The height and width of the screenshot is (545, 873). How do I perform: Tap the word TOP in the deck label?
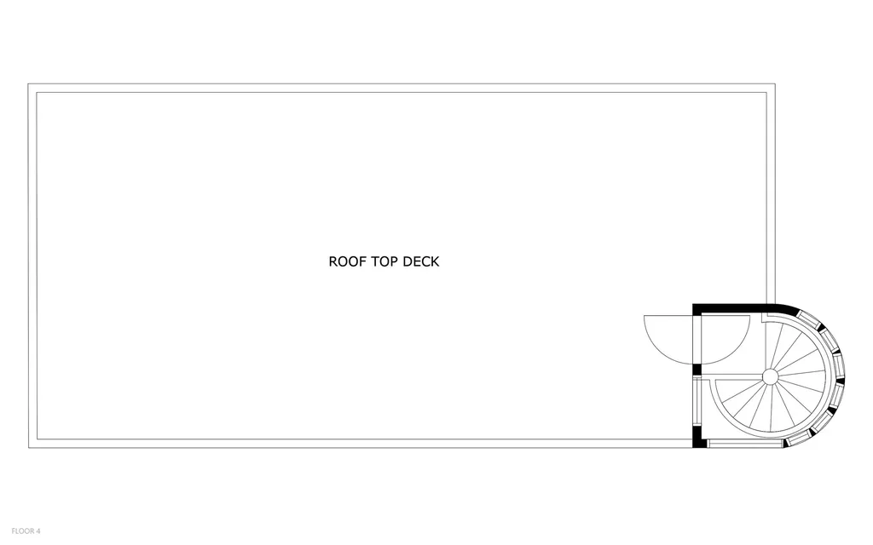tap(383, 261)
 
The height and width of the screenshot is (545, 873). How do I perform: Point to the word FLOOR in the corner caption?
tap(20, 531)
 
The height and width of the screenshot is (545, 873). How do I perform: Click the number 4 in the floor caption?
tap(38, 531)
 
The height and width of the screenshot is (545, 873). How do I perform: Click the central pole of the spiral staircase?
tap(769, 376)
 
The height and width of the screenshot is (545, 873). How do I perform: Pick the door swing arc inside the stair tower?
tap(726, 341)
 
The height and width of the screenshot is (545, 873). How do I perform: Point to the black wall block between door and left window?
tap(697, 370)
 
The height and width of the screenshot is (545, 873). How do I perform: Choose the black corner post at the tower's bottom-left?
tap(699, 439)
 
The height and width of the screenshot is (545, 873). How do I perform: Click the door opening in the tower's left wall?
tap(697, 340)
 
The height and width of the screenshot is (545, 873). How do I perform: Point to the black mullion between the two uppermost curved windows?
tap(821, 326)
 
